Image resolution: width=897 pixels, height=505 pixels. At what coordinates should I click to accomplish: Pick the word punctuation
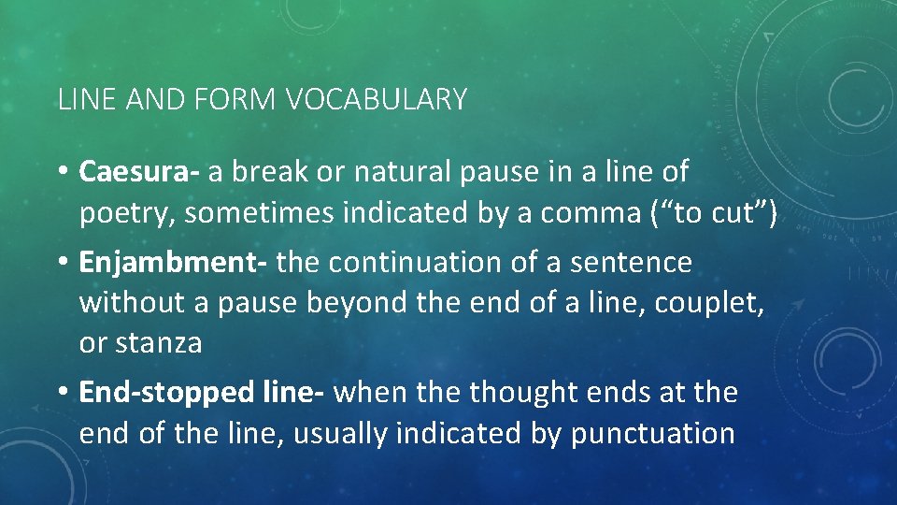653,433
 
